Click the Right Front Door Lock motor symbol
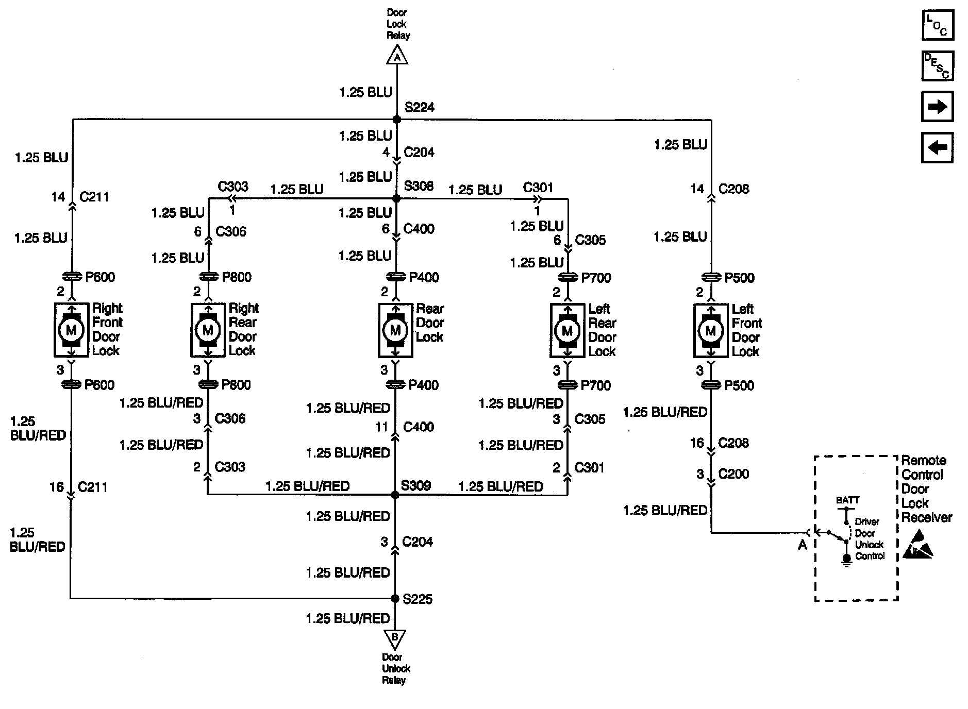pyautogui.click(x=71, y=330)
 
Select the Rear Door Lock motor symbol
pyautogui.click(x=395, y=330)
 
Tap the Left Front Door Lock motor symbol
pyautogui.click(x=711, y=331)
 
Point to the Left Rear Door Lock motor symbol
pyautogui.click(x=568, y=331)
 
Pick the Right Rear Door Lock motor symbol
pyautogui.click(x=208, y=330)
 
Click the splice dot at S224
pyautogui.click(x=397, y=120)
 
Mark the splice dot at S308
pyautogui.click(x=396, y=198)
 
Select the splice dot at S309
pyautogui.click(x=395, y=495)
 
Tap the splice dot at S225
pyautogui.click(x=395, y=599)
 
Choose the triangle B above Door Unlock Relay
pyautogui.click(x=395, y=638)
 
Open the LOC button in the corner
pyautogui.click(x=938, y=25)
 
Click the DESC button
pyautogui.click(x=938, y=66)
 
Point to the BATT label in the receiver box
pyautogui.click(x=847, y=500)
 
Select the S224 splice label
pyautogui.click(x=419, y=107)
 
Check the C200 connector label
pyautogui.click(x=733, y=474)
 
